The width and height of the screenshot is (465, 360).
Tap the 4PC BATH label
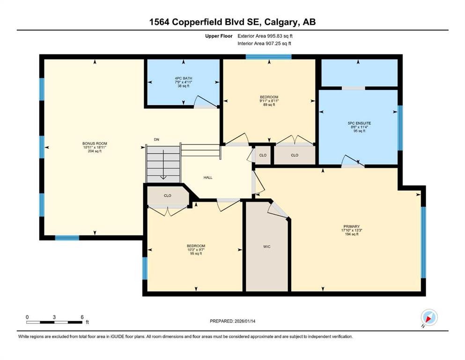(184, 78)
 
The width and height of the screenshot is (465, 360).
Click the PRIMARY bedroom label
(350, 226)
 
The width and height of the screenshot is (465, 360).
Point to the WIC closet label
(266, 247)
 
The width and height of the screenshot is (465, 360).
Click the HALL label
(208, 178)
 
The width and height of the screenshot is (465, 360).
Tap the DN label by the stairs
(156, 139)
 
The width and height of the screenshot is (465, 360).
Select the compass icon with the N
(428, 318)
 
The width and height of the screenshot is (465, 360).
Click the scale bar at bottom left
(55, 322)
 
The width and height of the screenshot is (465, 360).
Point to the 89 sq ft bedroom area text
(269, 105)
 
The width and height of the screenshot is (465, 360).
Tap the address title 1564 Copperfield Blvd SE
(232, 22)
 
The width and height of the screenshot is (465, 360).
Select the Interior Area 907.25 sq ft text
(265, 44)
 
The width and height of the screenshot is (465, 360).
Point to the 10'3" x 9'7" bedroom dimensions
(196, 250)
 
